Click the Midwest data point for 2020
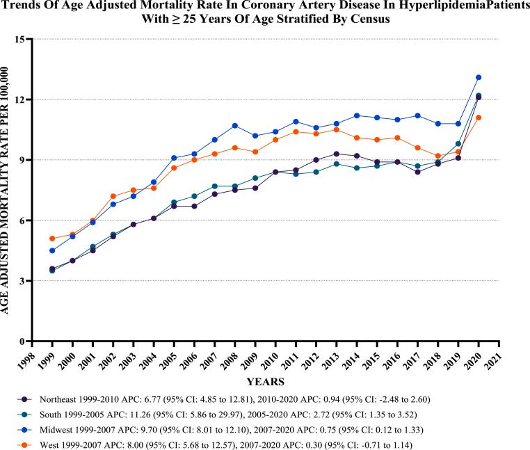click(479, 77)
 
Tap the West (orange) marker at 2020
click(479, 118)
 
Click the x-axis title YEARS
click(265, 382)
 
